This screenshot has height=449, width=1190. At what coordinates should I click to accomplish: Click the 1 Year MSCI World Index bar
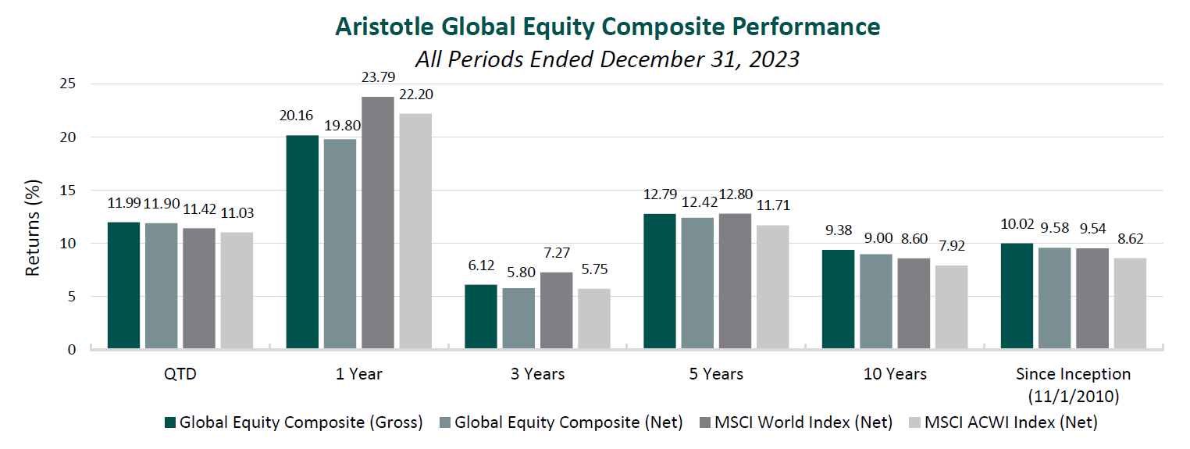378,223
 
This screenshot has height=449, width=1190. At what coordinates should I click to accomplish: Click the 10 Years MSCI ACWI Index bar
951,307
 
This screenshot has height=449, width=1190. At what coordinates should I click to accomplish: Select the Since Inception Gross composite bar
1017,296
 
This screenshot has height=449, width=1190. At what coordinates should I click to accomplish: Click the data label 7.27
557,254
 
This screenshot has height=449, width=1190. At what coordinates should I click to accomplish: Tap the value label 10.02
1017,225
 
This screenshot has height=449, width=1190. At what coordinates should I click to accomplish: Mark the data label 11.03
237,213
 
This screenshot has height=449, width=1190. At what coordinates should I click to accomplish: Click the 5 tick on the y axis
72,297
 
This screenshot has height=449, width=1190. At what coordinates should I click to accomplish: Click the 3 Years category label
537,374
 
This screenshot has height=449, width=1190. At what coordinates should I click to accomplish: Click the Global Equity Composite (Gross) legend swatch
170,422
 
